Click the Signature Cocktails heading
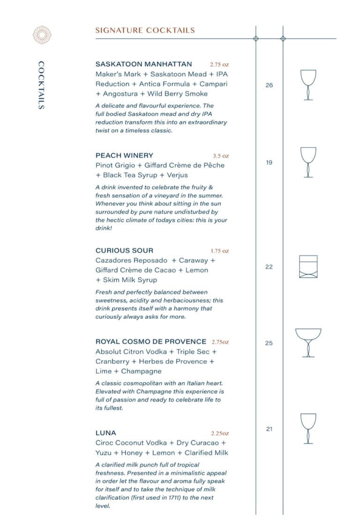pos(145,30)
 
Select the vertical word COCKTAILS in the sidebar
pos(41,85)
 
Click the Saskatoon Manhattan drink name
pos(143,64)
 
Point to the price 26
pos(269,85)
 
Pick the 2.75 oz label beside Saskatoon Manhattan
pos(219,64)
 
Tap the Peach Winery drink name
pos(124,155)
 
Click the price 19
pos(269,163)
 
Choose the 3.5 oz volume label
pos(221,156)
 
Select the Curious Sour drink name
pos(124,250)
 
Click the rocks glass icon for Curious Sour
pos(308,267)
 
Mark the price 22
pos(269,267)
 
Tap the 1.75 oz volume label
pos(219,251)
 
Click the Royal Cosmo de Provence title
pos(150,341)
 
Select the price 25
pos(269,343)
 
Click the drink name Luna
pos(105,433)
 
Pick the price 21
pos(269,429)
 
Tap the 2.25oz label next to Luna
pos(220,433)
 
